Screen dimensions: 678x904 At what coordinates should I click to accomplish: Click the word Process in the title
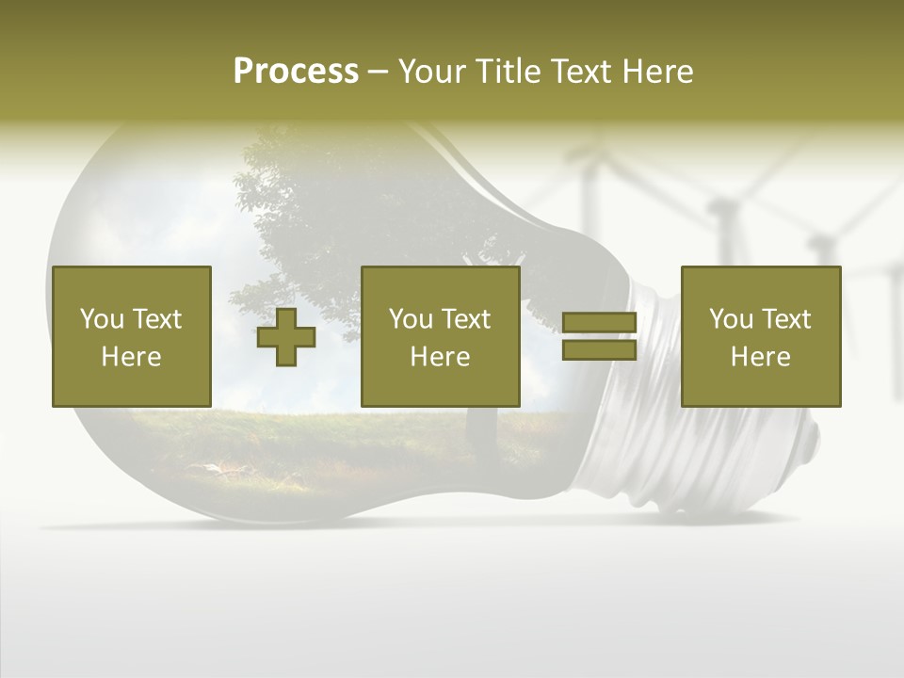tap(296, 72)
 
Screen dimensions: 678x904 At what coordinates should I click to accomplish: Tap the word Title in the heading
tap(508, 72)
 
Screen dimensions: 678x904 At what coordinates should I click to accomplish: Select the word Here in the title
tap(658, 72)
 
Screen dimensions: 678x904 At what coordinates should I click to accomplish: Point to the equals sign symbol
tap(599, 336)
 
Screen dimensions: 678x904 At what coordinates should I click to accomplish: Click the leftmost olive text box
tap(132, 336)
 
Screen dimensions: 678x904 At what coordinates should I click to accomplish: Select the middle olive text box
tap(441, 336)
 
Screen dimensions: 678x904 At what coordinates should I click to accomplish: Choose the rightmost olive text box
tap(761, 336)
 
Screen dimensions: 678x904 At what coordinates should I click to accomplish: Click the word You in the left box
tap(102, 319)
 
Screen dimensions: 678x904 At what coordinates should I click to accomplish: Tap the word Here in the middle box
tap(441, 357)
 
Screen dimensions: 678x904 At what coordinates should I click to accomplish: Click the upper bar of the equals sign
tap(599, 323)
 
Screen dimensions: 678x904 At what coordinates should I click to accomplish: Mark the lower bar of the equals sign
tap(599, 349)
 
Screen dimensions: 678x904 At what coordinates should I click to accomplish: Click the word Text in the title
tap(578, 72)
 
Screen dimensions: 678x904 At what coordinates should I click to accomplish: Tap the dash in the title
tap(378, 73)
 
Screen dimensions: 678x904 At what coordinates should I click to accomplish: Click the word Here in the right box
tap(761, 357)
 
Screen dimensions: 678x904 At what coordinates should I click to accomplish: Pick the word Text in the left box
tap(157, 319)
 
